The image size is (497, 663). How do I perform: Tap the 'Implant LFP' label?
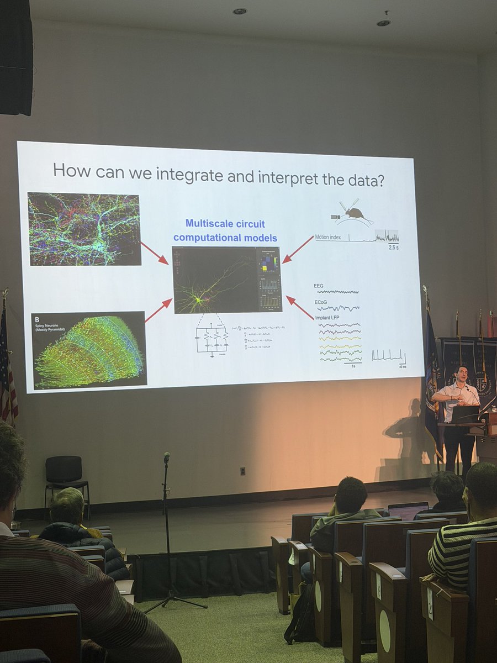330,318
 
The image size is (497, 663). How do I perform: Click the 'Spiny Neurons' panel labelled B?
89,350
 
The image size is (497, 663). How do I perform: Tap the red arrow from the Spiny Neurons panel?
158,310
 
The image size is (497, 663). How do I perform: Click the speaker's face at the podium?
462,375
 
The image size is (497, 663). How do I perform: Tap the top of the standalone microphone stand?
167,457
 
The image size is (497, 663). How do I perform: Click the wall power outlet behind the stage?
242,471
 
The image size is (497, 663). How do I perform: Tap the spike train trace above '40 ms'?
388,355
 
